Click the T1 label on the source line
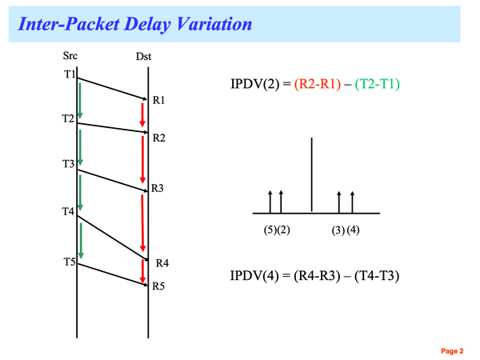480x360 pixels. click(x=69, y=75)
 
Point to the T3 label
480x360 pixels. click(x=68, y=164)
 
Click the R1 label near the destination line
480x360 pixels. click(x=158, y=101)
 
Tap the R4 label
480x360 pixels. click(x=162, y=262)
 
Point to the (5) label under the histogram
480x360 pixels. click(x=270, y=230)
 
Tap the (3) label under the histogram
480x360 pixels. click(x=338, y=230)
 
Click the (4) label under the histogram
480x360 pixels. click(x=354, y=230)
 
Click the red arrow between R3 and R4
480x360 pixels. click(x=142, y=223)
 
